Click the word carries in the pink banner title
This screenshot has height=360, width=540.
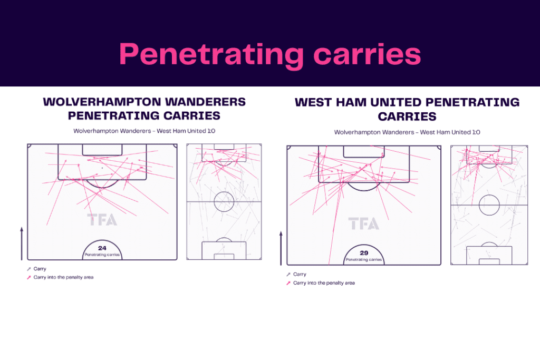pos(367,54)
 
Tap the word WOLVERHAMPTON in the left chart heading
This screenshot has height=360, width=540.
pos(102,102)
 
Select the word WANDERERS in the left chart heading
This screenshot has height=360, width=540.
pos(205,102)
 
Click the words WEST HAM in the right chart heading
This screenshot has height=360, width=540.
pos(331,102)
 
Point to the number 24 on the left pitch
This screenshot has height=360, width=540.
pos(102,248)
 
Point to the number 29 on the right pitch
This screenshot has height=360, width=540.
pos(364,252)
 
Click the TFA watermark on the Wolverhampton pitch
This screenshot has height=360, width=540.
pos(102,220)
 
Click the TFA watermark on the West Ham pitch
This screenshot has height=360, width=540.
pos(363,223)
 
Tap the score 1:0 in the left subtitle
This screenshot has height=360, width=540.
pos(211,131)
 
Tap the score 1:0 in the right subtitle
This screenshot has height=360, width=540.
pos(476,132)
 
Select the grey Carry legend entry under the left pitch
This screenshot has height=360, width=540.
pos(36,269)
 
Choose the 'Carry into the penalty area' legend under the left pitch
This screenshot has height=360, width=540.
pos(60,277)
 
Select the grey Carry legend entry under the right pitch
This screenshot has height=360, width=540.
pos(296,274)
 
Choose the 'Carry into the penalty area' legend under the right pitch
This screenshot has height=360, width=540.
pos(321,283)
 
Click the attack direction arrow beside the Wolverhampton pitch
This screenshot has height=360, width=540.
pos(22,244)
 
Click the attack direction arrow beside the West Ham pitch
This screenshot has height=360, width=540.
pos(281,248)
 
